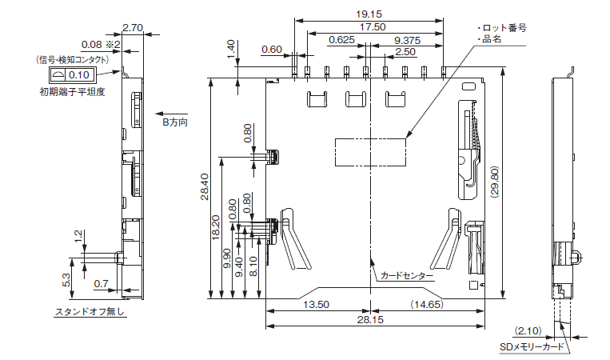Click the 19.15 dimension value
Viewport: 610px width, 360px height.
(x=369, y=14)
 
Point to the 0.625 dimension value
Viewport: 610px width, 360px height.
(x=341, y=40)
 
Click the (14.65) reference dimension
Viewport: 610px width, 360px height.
(x=427, y=305)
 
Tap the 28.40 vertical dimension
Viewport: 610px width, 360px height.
(x=205, y=188)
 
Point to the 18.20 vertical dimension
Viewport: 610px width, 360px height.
(x=217, y=228)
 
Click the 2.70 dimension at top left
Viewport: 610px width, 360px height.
(x=134, y=27)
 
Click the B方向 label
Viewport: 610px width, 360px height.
(x=175, y=123)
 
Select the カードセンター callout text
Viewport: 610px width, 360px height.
(x=407, y=276)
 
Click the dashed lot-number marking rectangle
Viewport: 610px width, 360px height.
(x=370, y=151)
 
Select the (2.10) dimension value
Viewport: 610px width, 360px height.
(x=529, y=330)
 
